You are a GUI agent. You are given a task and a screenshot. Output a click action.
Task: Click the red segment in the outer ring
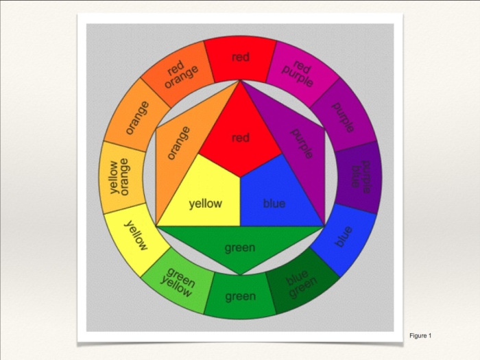[240, 59]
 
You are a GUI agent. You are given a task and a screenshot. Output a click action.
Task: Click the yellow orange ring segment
[121, 176]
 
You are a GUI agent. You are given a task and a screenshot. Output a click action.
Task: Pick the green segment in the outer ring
[240, 296]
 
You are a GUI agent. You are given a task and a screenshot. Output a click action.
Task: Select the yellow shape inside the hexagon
[206, 199]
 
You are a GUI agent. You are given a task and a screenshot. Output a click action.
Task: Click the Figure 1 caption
[420, 335]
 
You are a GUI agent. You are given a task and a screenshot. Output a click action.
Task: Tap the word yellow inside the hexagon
[205, 204]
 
